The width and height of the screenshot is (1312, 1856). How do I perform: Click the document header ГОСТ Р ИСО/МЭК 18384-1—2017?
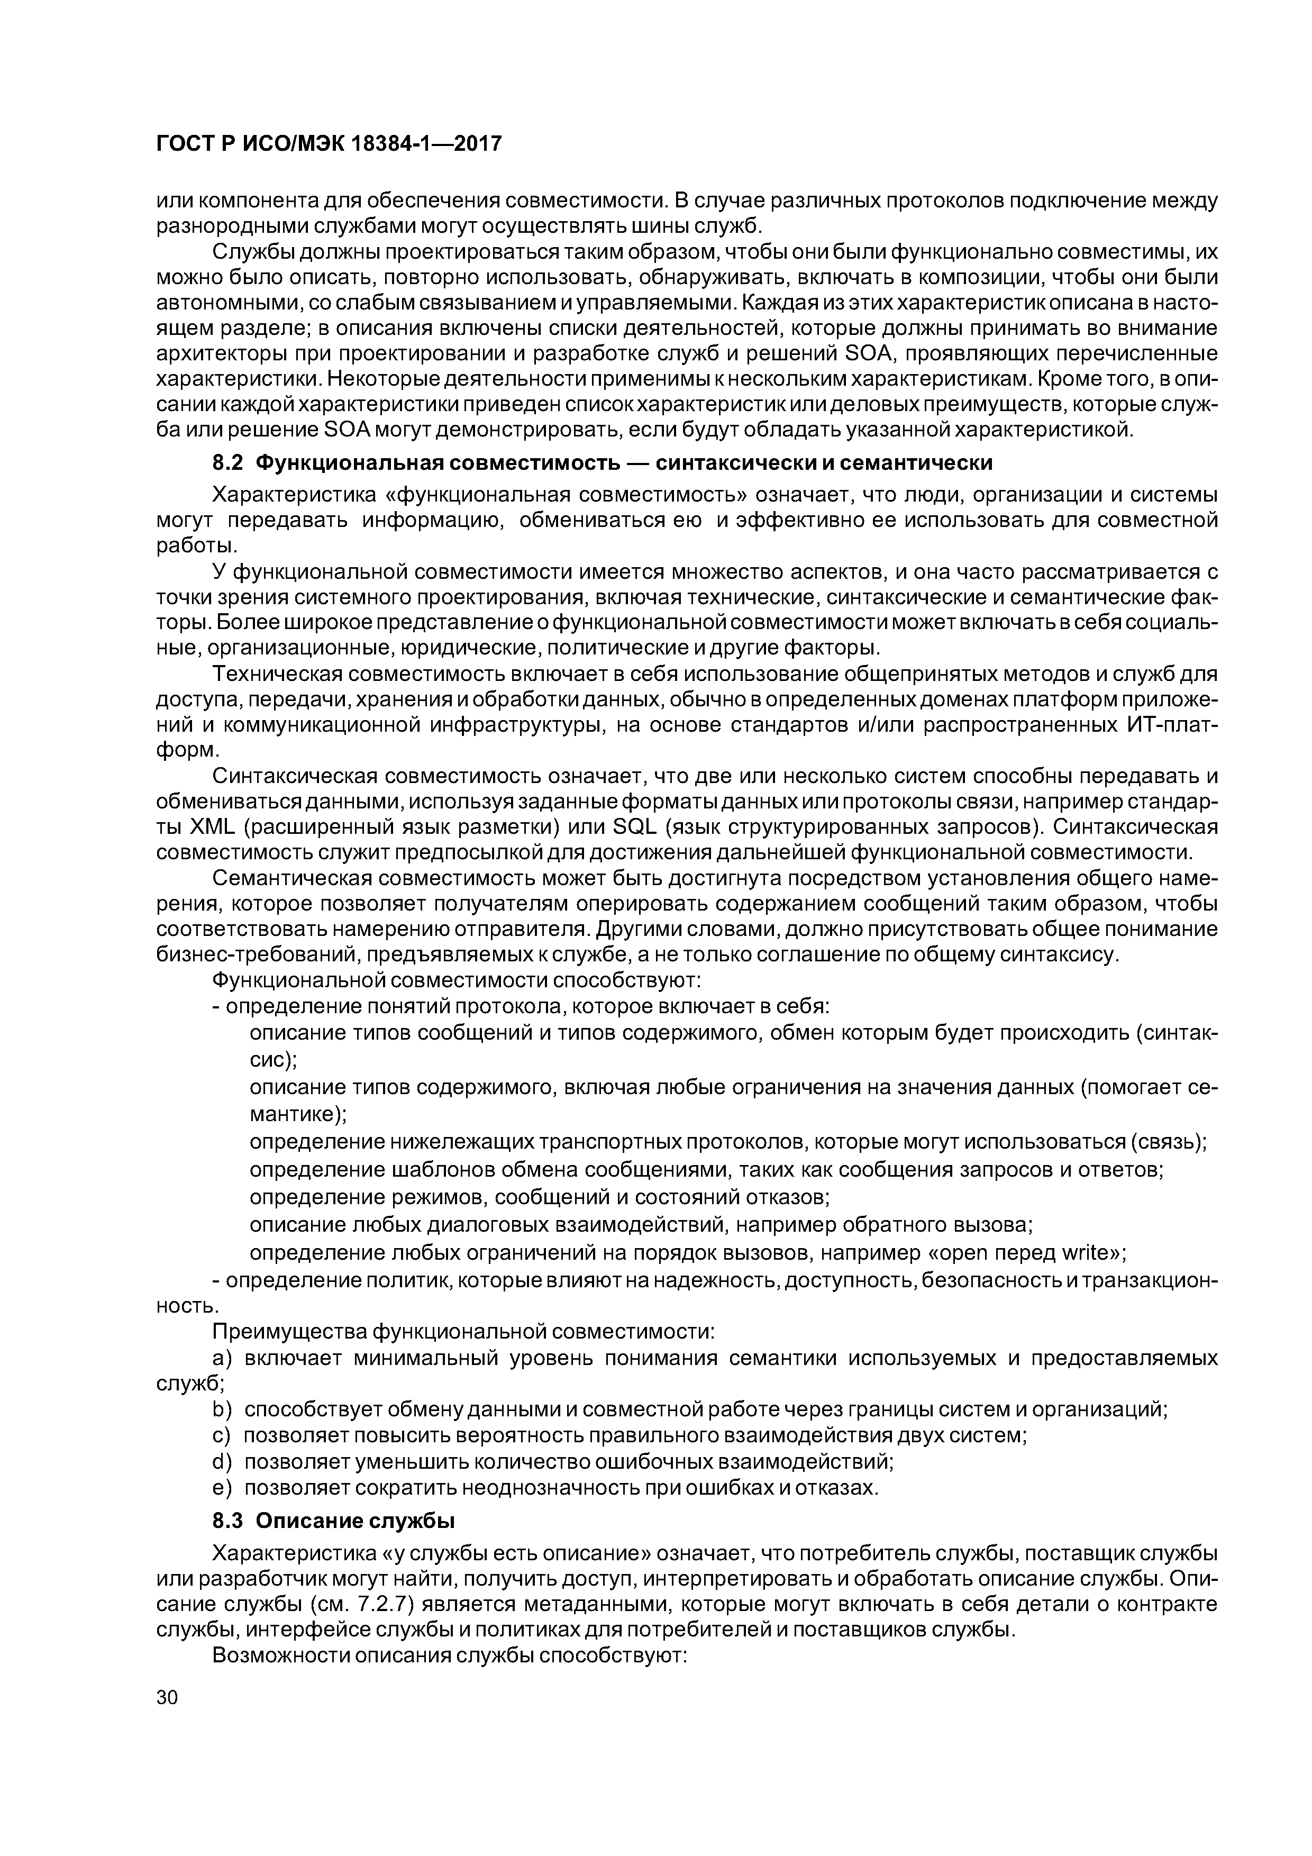click(328, 144)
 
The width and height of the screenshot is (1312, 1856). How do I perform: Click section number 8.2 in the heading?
click(226, 463)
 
